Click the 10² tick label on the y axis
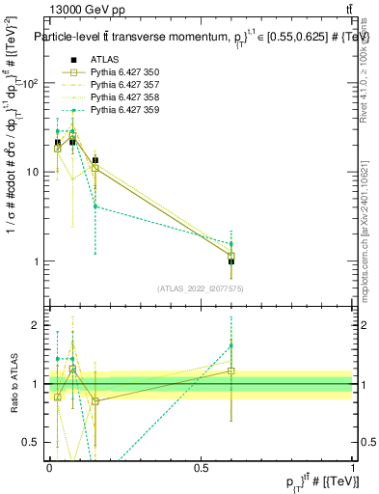coord(31,83)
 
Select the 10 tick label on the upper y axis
coord(33,173)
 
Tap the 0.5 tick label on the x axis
coord(201,468)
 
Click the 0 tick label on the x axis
coord(49,468)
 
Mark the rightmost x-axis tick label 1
coord(353,468)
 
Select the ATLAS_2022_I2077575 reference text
coord(201,288)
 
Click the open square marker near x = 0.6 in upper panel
coord(231,256)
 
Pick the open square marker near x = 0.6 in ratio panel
coord(231,370)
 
